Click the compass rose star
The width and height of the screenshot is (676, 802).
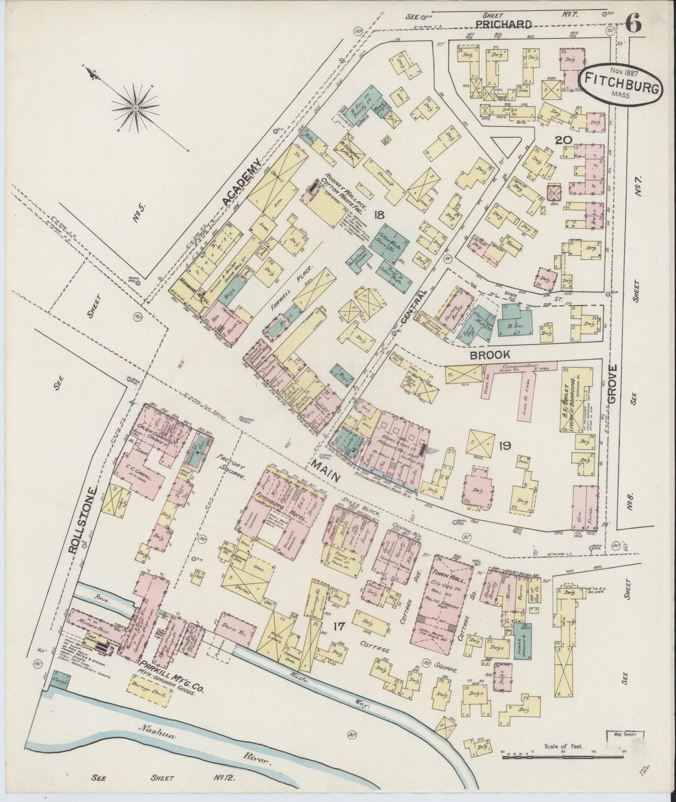click(x=135, y=108)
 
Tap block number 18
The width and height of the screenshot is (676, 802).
click(x=379, y=215)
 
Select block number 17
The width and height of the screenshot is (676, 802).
click(x=341, y=625)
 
